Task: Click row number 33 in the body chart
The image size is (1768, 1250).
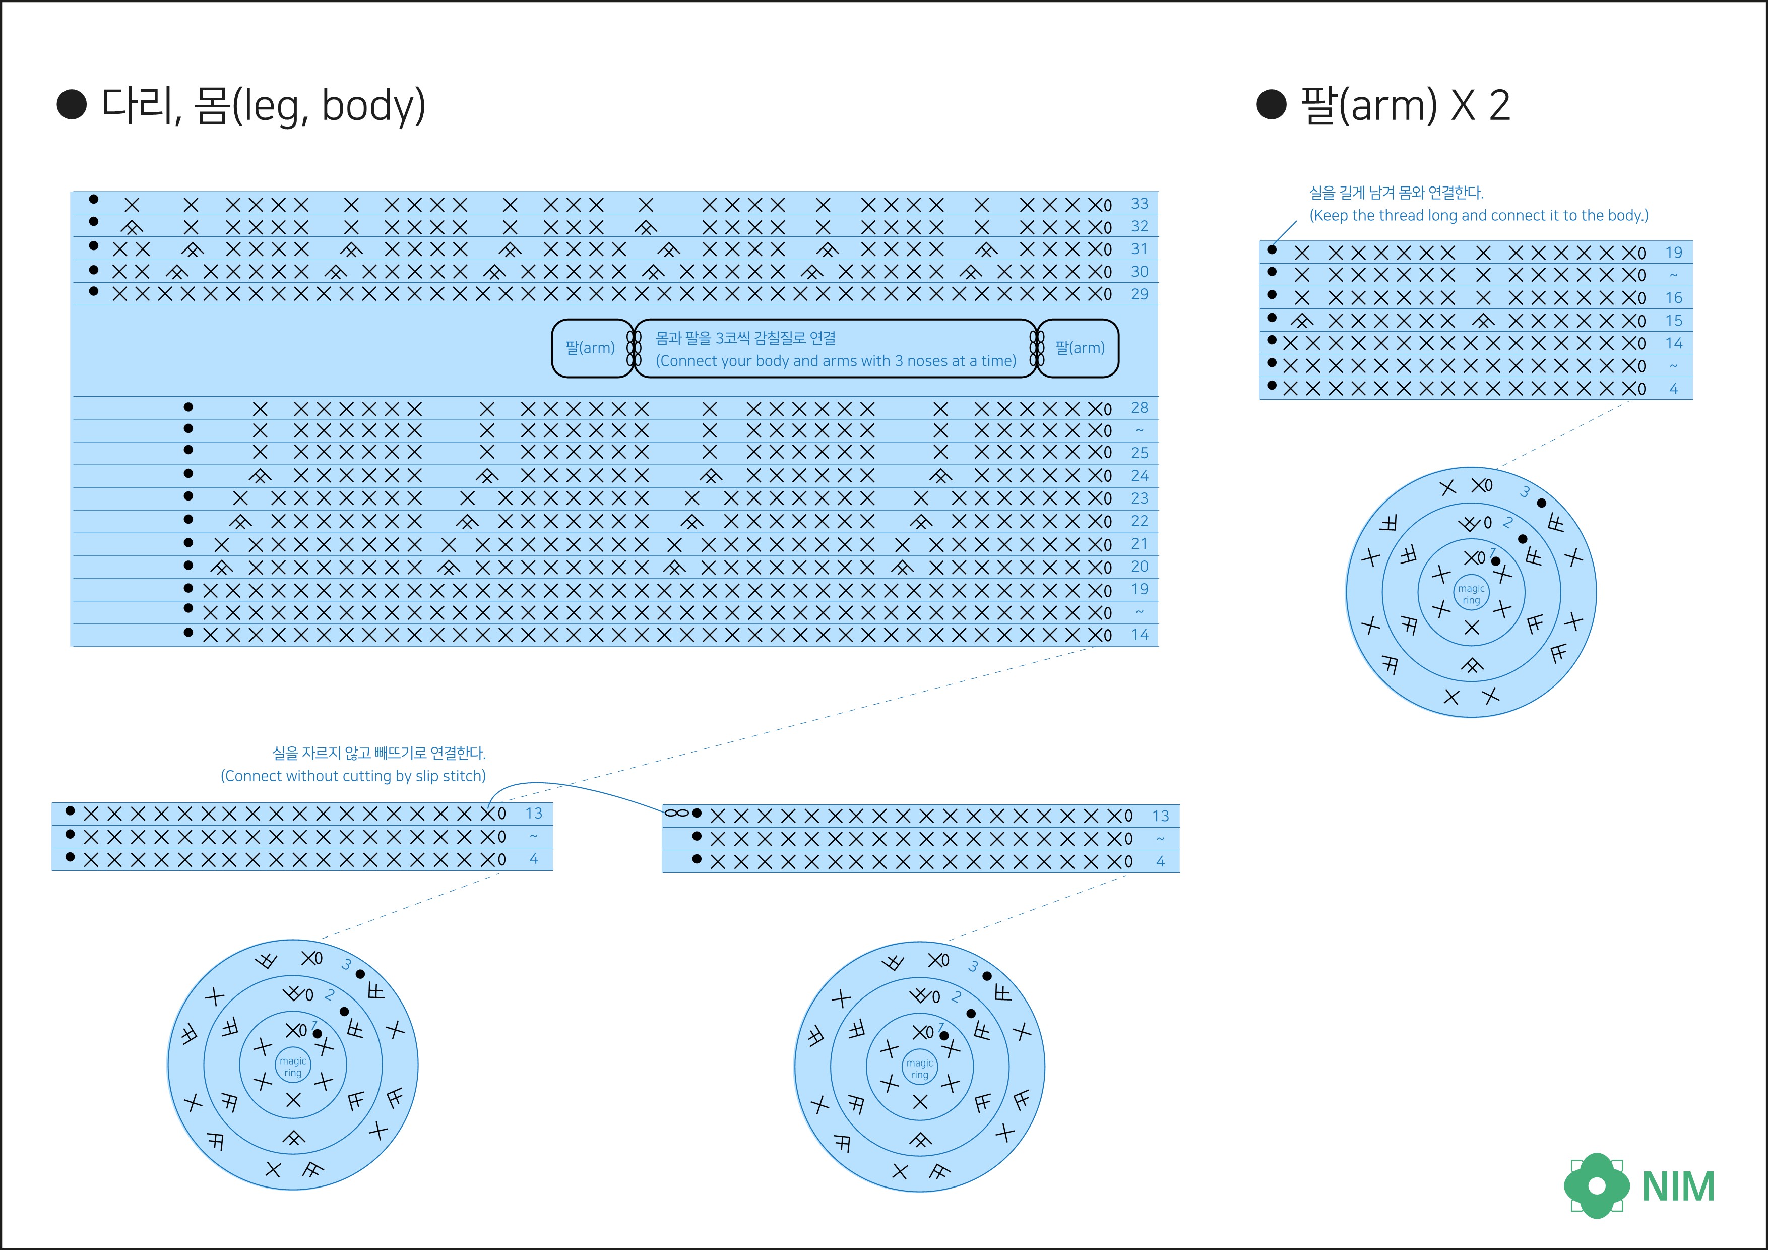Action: [1139, 203]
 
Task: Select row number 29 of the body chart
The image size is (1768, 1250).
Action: [1139, 294]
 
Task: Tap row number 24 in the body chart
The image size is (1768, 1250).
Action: [1139, 476]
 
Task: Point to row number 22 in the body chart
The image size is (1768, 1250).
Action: [1139, 521]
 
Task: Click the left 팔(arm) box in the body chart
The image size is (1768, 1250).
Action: [591, 348]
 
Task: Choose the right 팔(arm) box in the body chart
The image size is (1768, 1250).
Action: [1080, 348]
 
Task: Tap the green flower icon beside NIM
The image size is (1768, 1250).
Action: [1596, 1185]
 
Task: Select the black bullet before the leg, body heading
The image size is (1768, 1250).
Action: [72, 105]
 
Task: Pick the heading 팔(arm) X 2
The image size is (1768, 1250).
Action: [1405, 105]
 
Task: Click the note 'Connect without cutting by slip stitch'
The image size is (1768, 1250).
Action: [353, 776]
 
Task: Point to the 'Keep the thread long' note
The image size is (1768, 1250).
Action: [1479, 216]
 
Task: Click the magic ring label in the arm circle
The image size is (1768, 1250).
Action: [1471, 594]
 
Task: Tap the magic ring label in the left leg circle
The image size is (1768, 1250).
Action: [293, 1067]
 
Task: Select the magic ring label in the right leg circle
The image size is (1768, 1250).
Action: [919, 1068]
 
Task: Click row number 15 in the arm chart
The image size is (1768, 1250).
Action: [1673, 321]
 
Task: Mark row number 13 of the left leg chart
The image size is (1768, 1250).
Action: [534, 814]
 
